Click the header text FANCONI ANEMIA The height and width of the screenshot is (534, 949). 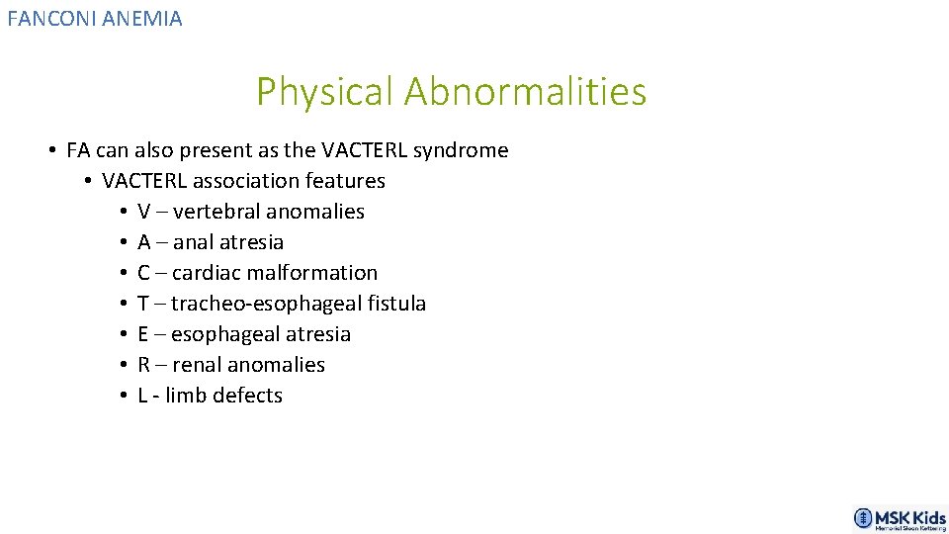tap(95, 18)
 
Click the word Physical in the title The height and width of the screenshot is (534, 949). tap(325, 92)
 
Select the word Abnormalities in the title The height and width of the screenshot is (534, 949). tap(525, 92)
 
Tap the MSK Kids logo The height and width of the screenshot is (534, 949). tap(900, 519)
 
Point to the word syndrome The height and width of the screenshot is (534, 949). tap(461, 151)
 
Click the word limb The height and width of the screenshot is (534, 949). tap(187, 396)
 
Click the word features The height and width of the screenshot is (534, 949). tap(346, 181)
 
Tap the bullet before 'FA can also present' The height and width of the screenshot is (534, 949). tap(51, 151)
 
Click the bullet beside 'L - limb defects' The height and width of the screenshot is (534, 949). tap(123, 396)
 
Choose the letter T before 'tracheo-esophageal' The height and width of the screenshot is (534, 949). tap(144, 304)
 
